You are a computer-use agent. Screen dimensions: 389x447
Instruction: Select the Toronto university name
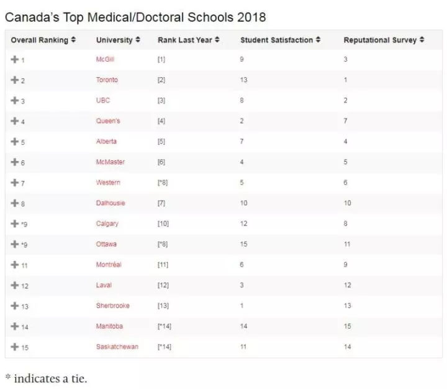107,80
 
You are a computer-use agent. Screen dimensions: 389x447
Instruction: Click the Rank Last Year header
184,40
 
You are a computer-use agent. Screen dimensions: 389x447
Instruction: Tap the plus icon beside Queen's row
15,121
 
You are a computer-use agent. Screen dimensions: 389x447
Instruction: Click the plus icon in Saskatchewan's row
15,347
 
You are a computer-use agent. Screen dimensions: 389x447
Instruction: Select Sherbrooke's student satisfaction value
242,306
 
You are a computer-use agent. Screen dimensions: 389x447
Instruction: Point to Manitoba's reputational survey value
347,326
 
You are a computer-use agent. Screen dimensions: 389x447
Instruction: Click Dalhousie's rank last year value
161,203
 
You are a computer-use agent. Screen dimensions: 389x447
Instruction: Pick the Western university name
108,183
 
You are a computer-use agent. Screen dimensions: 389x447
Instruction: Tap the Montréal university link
109,265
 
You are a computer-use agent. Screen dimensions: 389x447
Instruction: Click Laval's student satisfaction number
242,285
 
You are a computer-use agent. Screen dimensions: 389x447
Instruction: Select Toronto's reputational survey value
345,80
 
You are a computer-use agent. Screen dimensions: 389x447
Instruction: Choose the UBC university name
103,100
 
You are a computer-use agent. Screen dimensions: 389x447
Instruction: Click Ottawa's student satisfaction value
243,244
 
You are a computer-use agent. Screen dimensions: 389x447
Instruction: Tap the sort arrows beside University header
138,40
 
